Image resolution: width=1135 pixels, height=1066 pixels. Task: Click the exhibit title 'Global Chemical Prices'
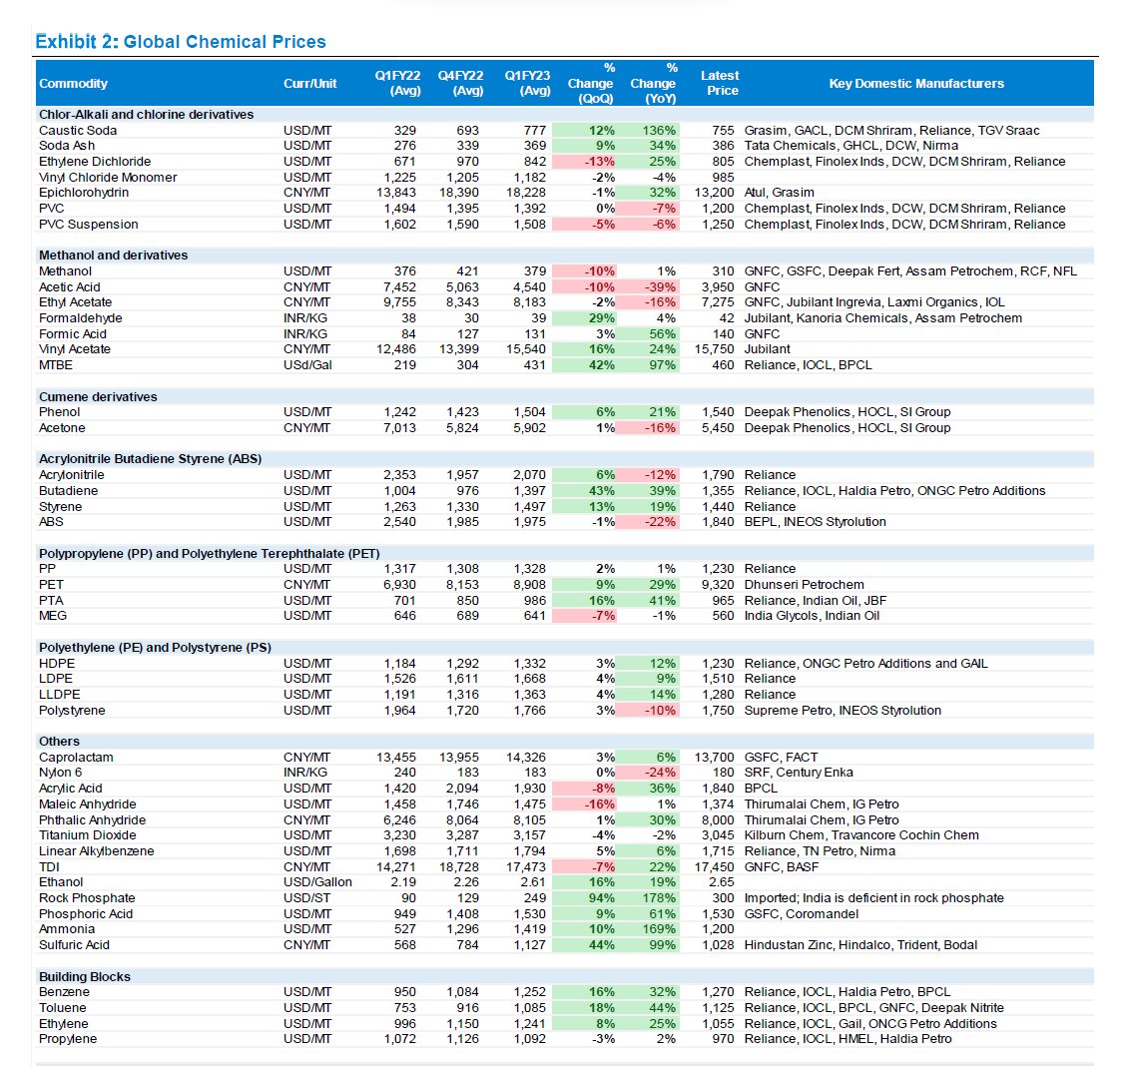coord(225,42)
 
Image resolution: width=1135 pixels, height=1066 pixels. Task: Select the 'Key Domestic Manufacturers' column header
coord(916,83)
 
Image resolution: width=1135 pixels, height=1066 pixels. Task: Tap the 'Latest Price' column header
coord(721,83)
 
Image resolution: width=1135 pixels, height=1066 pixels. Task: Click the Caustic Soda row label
coord(78,131)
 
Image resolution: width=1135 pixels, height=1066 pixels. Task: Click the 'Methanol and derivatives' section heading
coord(113,256)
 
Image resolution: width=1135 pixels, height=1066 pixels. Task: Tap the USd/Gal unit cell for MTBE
coord(307,365)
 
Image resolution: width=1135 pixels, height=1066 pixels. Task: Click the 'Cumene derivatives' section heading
coord(98,397)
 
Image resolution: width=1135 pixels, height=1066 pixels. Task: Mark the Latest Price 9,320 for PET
coord(718,585)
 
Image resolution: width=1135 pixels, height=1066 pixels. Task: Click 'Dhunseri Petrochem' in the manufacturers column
coord(805,585)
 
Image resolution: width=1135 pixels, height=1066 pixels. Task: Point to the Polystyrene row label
coord(72,711)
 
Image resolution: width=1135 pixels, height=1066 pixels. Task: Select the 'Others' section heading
coord(59,742)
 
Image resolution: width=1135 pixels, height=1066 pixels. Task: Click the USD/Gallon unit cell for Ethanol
coord(317,882)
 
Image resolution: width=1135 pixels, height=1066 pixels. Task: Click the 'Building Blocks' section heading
coord(85,977)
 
